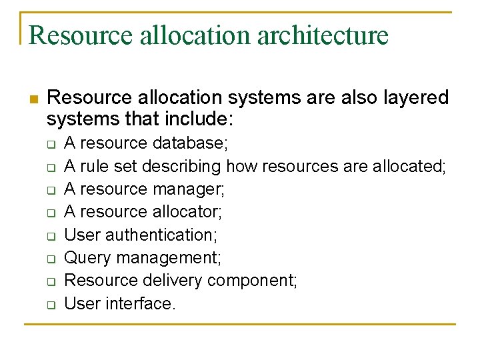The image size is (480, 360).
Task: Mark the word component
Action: pyautogui.click(x=253, y=281)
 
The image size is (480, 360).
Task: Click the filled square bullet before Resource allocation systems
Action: pyautogui.click(x=34, y=98)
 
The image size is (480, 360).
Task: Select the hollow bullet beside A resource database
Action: pyautogui.click(x=51, y=144)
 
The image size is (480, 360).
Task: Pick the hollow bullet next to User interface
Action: pyautogui.click(x=51, y=305)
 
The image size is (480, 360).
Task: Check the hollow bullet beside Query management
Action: pyautogui.click(x=51, y=259)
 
